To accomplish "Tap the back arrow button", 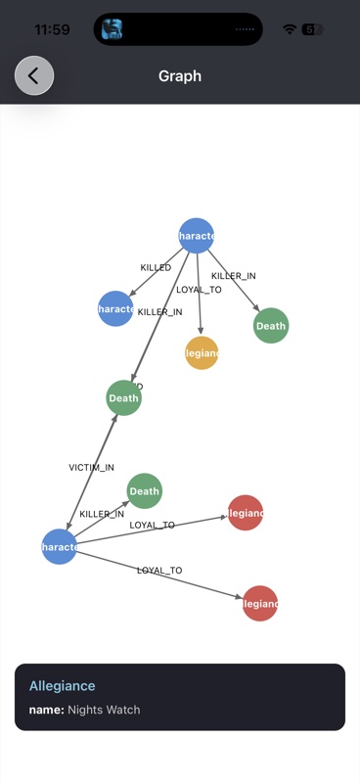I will pyautogui.click(x=34, y=75).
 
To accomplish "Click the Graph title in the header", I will pyautogui.click(x=180, y=75).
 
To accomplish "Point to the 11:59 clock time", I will pyautogui.click(x=52, y=29).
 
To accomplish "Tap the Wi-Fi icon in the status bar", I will pyautogui.click(x=290, y=29).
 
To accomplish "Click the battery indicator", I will pyautogui.click(x=313, y=29).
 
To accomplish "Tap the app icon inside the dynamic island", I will pyautogui.click(x=112, y=29).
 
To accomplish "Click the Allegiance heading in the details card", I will pyautogui.click(x=62, y=686).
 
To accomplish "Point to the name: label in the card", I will pyautogui.click(x=47, y=710).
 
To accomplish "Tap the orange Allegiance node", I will pyautogui.click(x=202, y=352).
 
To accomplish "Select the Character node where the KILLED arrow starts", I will pyautogui.click(x=197, y=235).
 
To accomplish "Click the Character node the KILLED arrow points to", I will pyautogui.click(x=115, y=308).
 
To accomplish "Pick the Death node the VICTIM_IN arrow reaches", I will pyautogui.click(x=124, y=397).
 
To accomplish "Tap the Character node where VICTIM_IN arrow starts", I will pyautogui.click(x=59, y=546).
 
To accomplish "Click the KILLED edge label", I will pyautogui.click(x=156, y=267).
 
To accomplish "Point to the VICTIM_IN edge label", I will pyautogui.click(x=91, y=468).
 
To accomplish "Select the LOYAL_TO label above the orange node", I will pyautogui.click(x=199, y=290).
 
